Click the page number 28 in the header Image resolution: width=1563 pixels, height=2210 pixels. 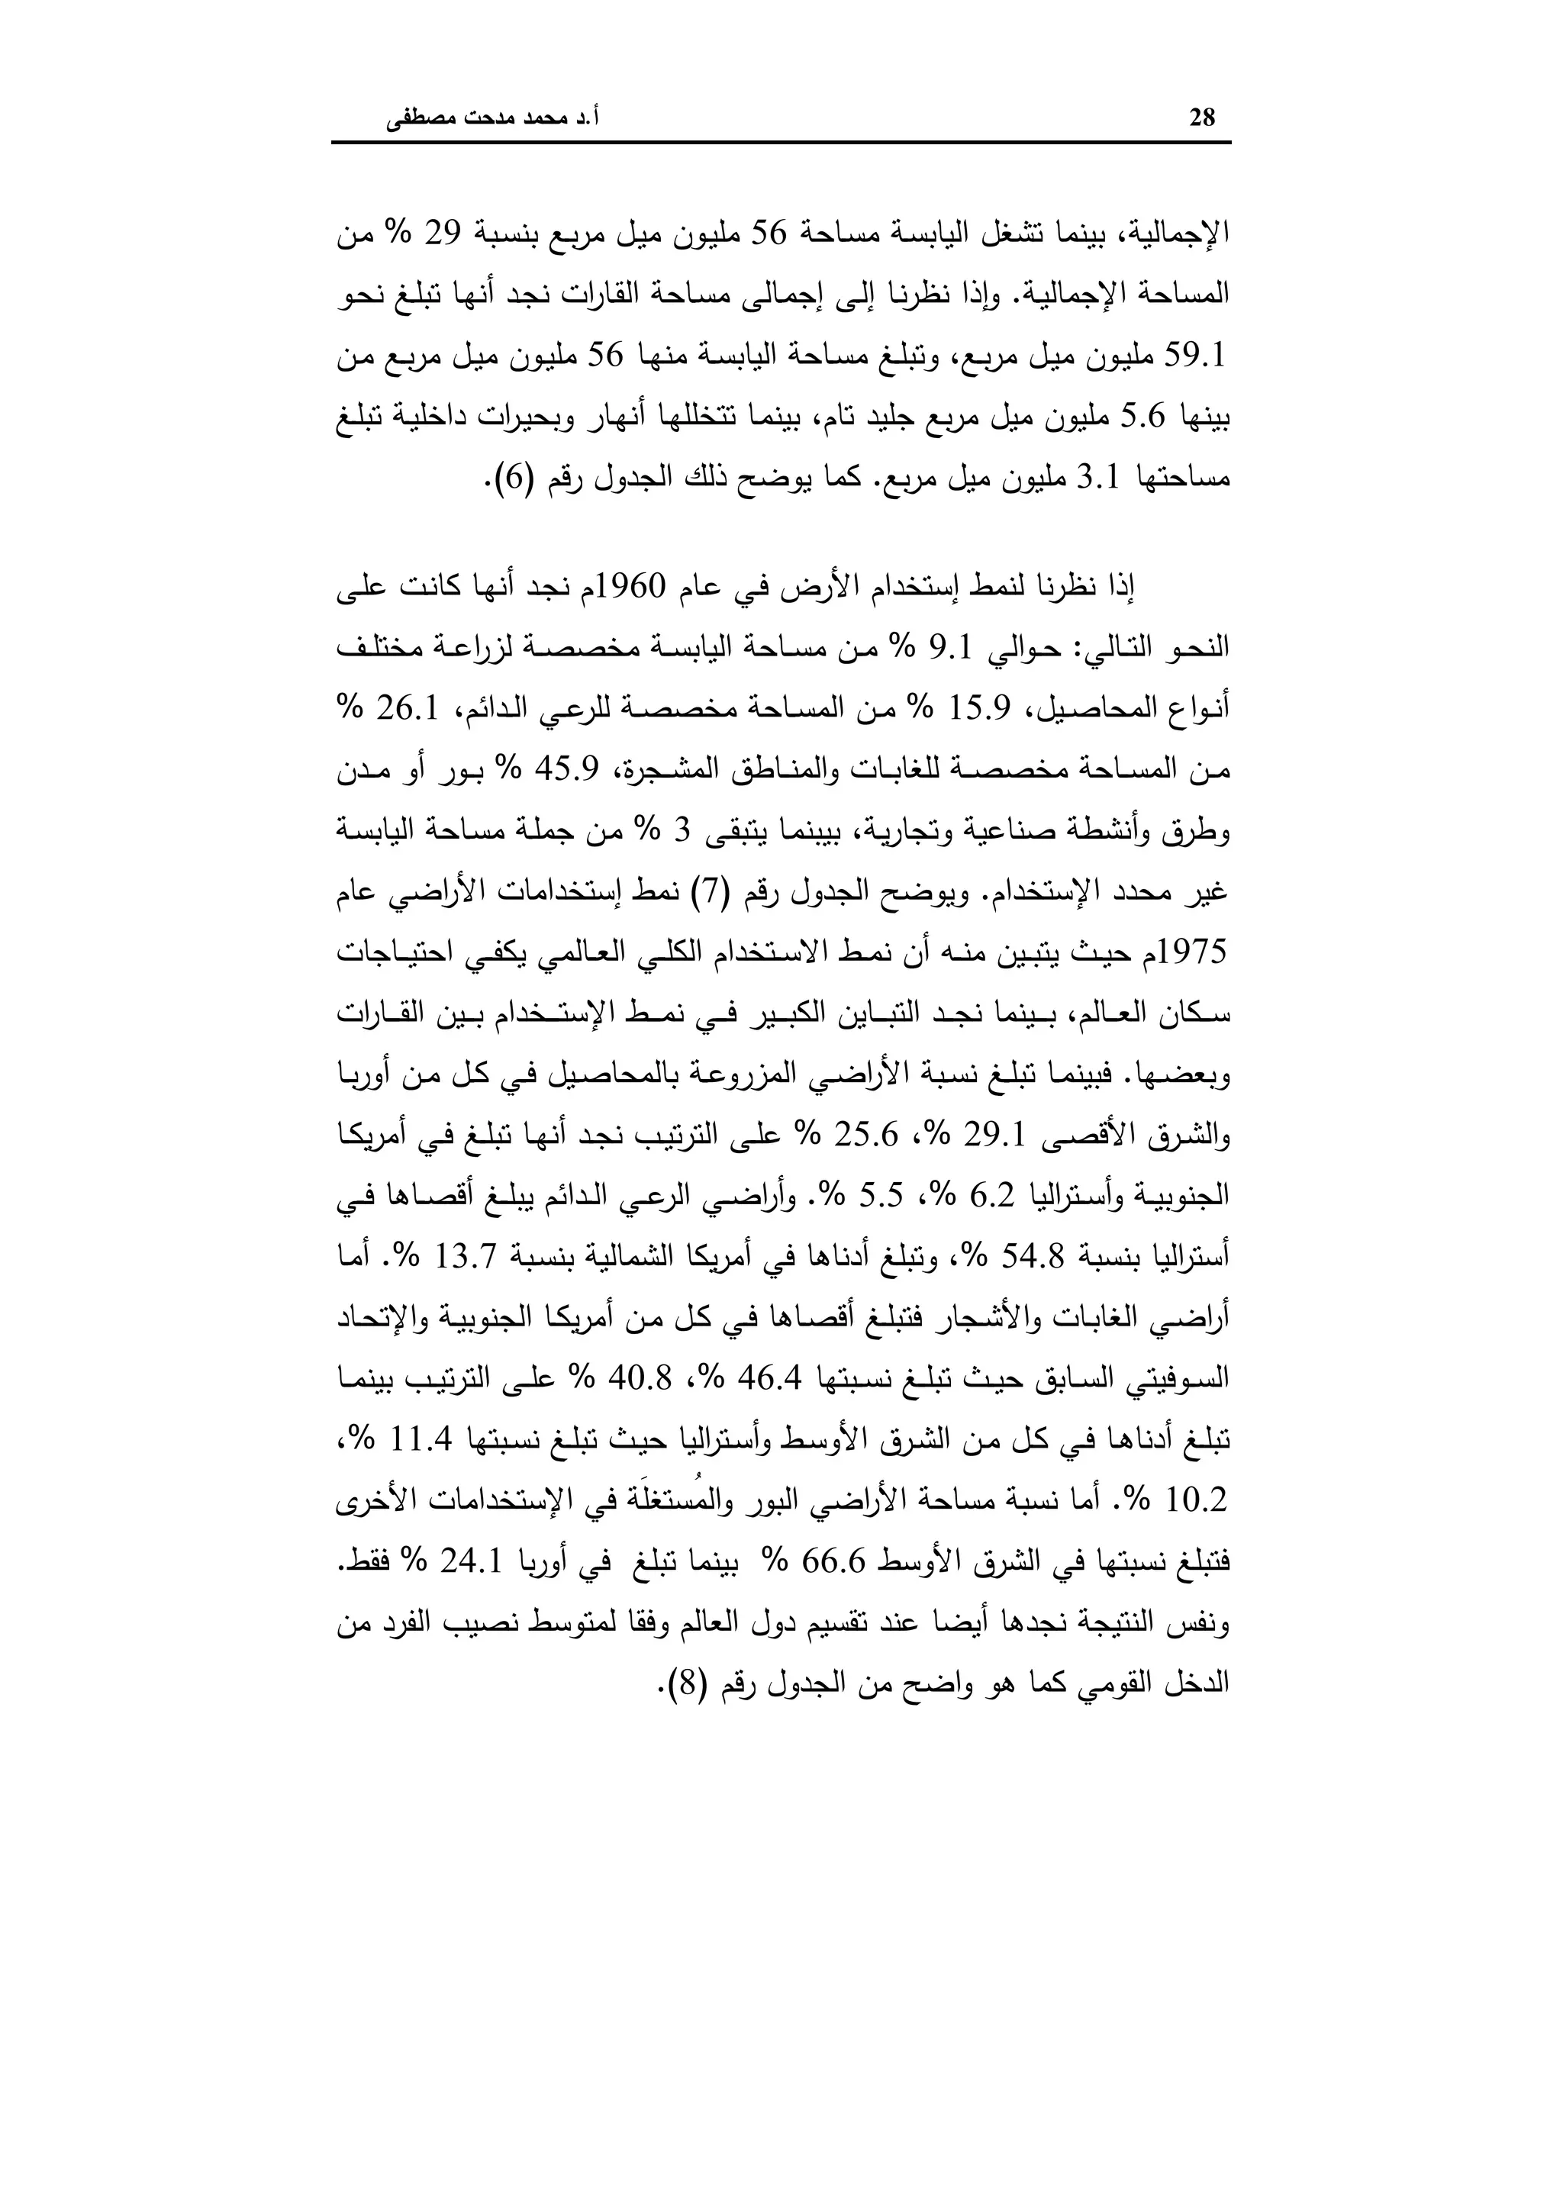coord(1202,118)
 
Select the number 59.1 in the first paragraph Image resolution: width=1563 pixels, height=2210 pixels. coord(1194,357)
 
